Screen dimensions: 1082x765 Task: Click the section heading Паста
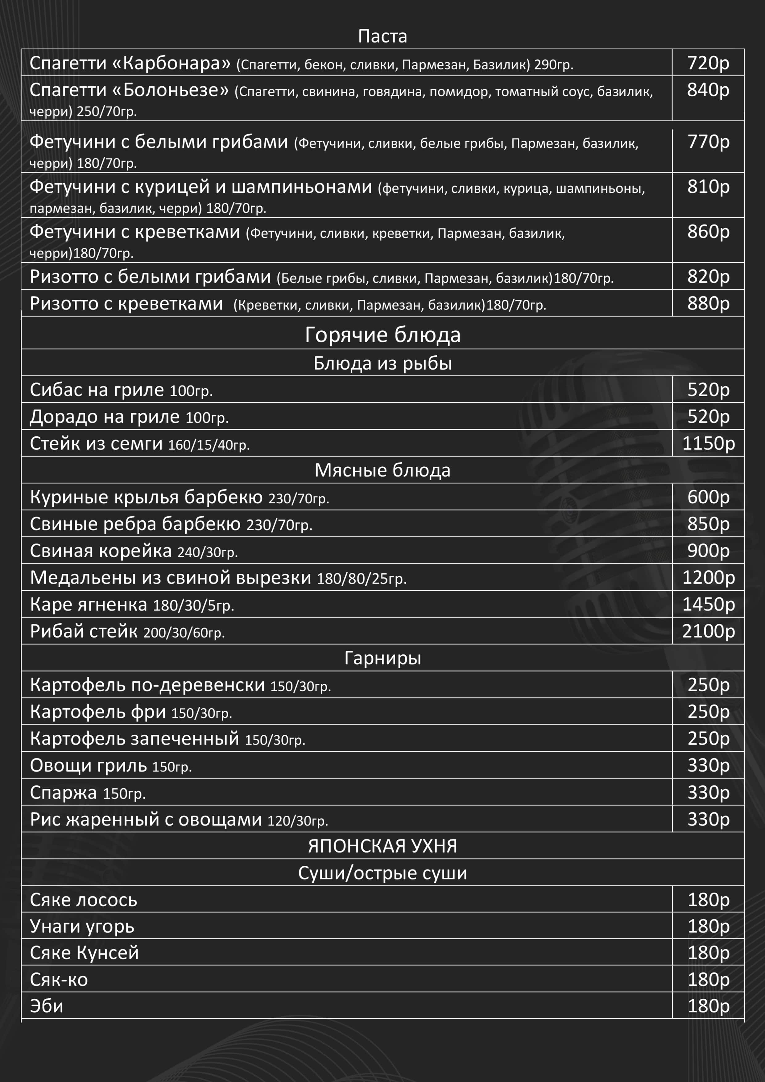(382, 36)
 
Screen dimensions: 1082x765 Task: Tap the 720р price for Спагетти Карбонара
(708, 63)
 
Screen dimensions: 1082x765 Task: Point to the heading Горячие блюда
(382, 335)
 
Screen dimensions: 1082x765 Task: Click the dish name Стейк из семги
(96, 444)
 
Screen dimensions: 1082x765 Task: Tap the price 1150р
(708, 444)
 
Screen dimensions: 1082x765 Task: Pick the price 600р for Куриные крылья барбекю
(708, 497)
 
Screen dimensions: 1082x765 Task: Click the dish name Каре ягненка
(89, 604)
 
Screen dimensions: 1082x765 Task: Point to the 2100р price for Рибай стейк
(708, 631)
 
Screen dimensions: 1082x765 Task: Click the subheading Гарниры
(382, 658)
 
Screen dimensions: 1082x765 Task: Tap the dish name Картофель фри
(97, 712)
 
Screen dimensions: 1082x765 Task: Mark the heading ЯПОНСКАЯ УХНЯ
(382, 846)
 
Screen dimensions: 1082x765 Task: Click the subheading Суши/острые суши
(382, 873)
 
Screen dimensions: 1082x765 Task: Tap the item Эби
(47, 1006)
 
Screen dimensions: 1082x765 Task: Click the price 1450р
(708, 604)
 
